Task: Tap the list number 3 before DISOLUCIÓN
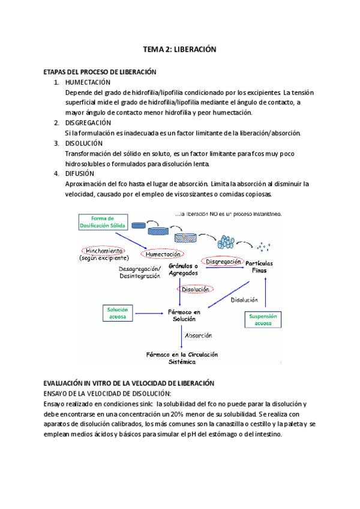coord(56,143)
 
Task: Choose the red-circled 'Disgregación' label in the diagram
coord(223,262)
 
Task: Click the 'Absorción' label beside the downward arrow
coord(198,336)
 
